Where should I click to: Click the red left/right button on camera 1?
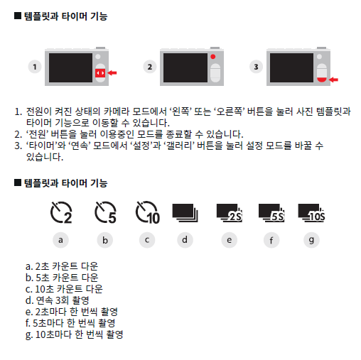100,73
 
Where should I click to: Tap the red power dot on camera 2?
213,57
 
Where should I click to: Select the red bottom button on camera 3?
322,80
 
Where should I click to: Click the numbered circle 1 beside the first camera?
35,67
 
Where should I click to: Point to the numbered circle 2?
150,67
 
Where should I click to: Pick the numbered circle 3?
256,67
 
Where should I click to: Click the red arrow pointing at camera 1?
112,73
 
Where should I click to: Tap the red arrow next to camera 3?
333,80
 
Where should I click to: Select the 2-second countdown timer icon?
61,212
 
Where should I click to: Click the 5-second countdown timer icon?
105,212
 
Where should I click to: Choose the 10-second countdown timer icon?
148,212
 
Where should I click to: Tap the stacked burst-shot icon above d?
185,213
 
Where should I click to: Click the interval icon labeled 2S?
230,213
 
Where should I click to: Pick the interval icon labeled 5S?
271,213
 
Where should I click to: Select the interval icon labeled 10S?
311,213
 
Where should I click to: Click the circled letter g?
311,240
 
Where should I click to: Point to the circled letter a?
60,240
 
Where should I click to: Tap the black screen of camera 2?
185,67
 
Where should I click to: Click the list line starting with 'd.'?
57,300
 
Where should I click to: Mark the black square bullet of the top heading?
18,16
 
